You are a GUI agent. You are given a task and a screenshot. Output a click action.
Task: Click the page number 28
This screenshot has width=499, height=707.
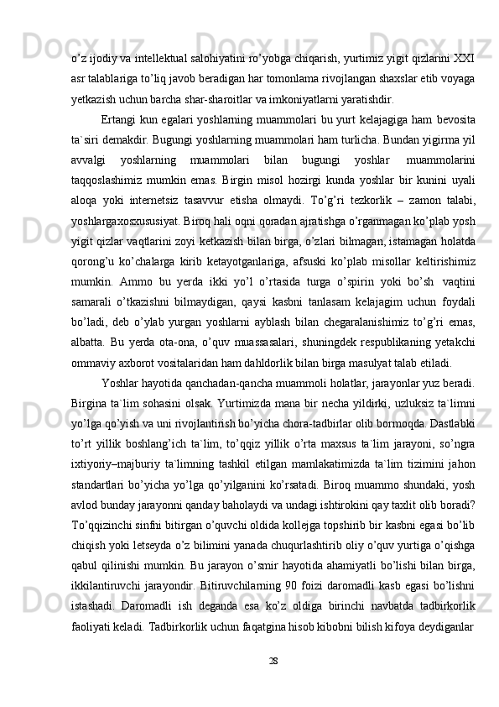click(x=249, y=660)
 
